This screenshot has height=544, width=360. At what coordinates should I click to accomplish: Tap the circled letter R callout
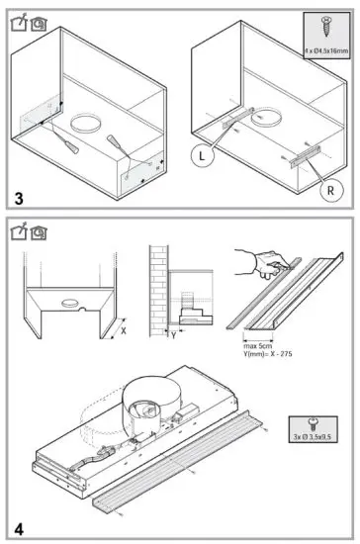pos(325,185)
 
